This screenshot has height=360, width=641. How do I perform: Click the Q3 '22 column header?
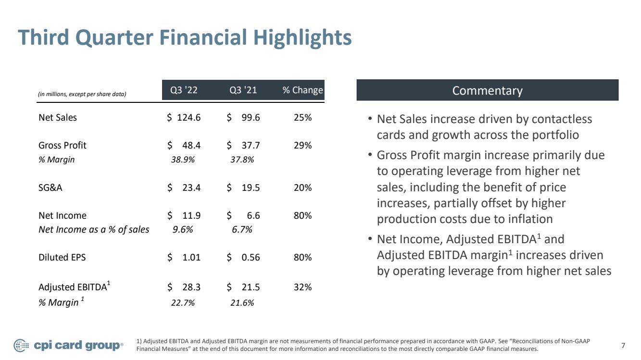pos(184,90)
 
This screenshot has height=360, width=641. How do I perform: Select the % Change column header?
pos(303,90)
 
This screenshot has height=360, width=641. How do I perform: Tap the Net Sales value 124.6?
pos(189,118)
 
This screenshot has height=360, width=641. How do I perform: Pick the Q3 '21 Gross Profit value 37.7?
pos(251,145)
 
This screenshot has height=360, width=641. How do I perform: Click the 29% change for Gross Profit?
pos(302,145)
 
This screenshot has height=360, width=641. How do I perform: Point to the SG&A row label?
pos(50,187)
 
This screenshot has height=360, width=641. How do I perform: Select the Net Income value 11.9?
pos(191,215)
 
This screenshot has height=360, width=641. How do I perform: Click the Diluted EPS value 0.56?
pos(251,257)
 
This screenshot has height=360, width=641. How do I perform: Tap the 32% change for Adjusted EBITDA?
pos(302,287)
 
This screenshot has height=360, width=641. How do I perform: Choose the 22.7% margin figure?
pos(183,302)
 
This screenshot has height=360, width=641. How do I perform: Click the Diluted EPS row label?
pos(62,257)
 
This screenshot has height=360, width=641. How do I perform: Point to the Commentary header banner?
pos(487,90)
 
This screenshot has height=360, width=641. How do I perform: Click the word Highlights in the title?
pos(302,38)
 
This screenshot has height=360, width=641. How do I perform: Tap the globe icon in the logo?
pos(21,346)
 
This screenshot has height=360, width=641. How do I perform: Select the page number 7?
pos(623,346)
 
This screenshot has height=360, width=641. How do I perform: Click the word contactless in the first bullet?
pos(562,119)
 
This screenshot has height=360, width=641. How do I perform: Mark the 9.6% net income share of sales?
pos(183,230)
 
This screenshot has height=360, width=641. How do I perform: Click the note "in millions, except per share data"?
pos(82,94)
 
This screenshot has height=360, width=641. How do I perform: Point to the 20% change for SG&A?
pos(302,187)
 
